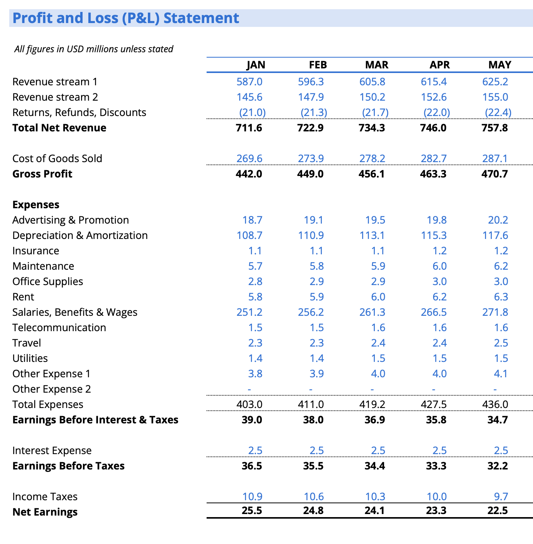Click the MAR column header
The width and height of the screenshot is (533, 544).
[x=376, y=65]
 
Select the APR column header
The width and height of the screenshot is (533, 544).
[x=439, y=65]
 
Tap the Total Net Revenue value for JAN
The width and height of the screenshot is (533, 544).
[x=249, y=128]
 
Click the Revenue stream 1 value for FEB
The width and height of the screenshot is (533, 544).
[x=311, y=82]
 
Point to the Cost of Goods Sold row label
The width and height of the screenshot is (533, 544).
[x=57, y=159]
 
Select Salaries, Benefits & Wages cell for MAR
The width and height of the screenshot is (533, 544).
[x=372, y=312]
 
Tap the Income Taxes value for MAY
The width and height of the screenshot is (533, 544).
[x=498, y=497]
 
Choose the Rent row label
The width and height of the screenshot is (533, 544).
[x=23, y=297]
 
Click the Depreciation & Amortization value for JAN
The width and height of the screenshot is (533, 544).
[x=249, y=236]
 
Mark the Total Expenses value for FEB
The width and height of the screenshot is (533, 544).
[x=311, y=405]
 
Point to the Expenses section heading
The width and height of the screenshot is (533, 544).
[x=36, y=205]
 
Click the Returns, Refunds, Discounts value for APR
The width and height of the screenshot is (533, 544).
[x=437, y=113]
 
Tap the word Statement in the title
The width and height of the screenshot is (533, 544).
[x=201, y=18]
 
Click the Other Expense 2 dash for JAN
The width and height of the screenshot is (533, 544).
[x=249, y=389]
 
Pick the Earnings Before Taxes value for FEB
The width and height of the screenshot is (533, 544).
[x=311, y=466]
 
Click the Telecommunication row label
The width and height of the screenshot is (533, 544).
[x=59, y=328]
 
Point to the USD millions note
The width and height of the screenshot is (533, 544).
[x=94, y=49]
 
